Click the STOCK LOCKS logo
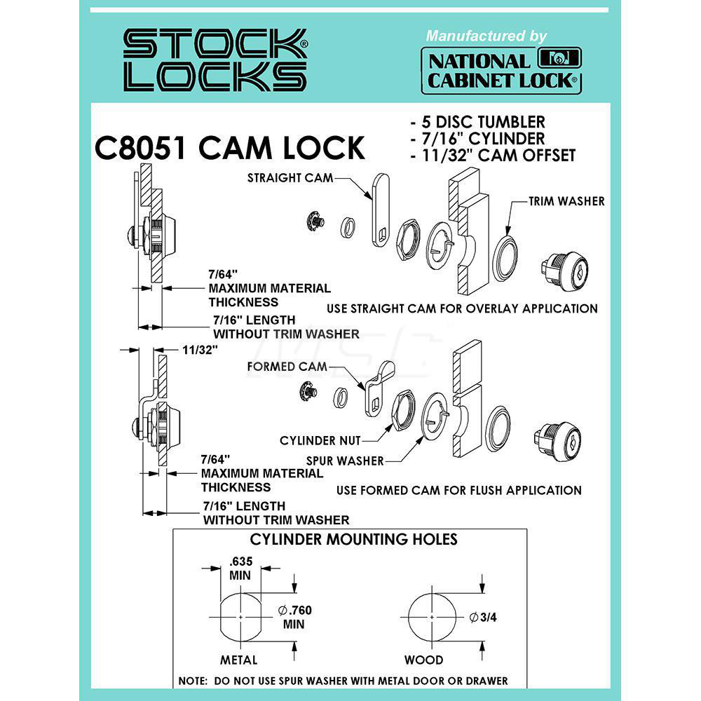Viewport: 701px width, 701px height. click(x=215, y=60)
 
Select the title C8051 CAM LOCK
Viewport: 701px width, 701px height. click(x=229, y=149)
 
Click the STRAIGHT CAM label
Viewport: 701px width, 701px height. click(x=290, y=178)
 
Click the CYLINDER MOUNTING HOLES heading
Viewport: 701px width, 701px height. click(x=354, y=539)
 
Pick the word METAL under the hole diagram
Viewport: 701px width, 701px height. click(x=239, y=660)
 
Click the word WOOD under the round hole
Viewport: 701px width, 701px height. click(x=423, y=660)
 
